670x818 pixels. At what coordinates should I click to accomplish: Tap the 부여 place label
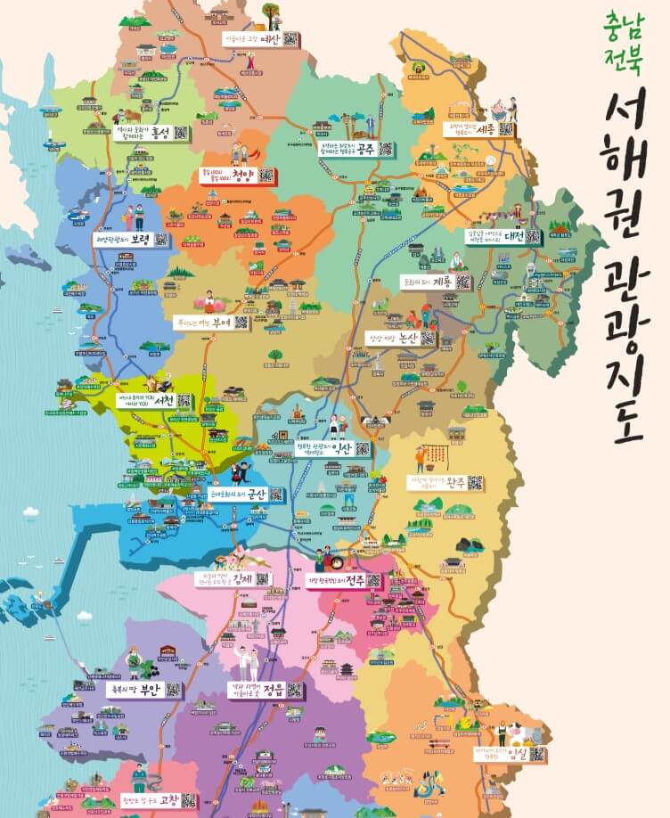(x=220, y=323)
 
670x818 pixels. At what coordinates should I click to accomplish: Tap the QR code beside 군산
(x=277, y=494)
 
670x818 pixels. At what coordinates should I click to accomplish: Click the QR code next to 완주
(x=476, y=483)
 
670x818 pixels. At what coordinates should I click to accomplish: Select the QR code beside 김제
(x=262, y=579)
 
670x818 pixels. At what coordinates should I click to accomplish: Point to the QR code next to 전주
(x=374, y=581)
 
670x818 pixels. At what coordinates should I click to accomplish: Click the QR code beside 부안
(x=174, y=690)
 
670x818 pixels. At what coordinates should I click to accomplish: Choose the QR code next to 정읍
(x=294, y=690)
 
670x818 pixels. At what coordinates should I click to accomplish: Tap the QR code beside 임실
(x=537, y=754)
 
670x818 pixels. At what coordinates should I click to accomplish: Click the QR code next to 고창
(x=188, y=800)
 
